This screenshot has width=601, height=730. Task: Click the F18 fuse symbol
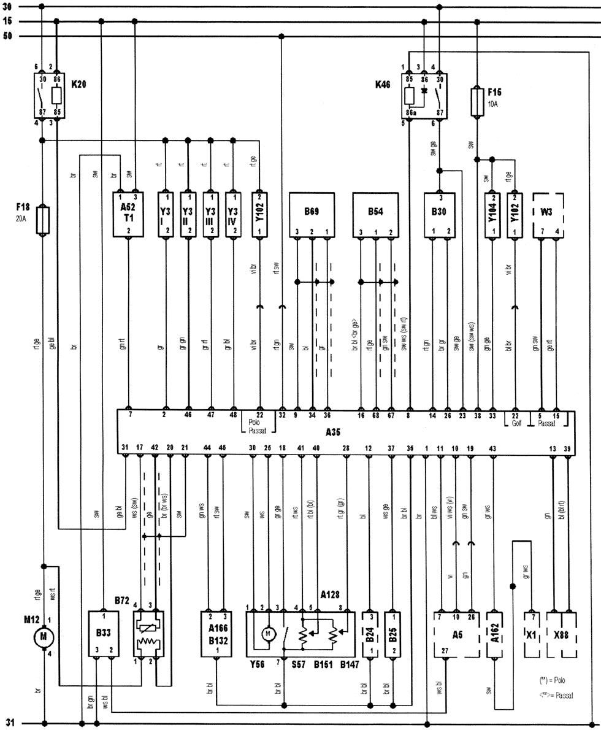42,220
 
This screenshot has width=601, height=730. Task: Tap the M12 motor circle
43,638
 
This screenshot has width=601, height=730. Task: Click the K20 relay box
48,95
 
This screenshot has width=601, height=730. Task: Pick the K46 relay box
424,96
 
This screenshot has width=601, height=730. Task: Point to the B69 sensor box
312,215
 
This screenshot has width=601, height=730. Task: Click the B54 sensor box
375,215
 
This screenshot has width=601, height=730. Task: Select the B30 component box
440,215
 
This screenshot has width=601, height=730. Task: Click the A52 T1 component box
128,215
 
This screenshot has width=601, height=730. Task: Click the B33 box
102,634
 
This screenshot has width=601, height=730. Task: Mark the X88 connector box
561,634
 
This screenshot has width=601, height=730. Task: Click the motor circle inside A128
268,633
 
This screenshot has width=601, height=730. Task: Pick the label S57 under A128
283,664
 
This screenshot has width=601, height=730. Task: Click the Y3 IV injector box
232,215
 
